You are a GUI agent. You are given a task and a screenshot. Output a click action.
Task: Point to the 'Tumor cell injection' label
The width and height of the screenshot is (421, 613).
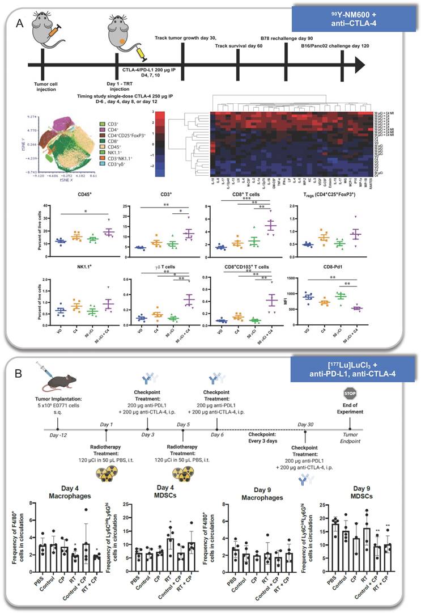45,87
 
